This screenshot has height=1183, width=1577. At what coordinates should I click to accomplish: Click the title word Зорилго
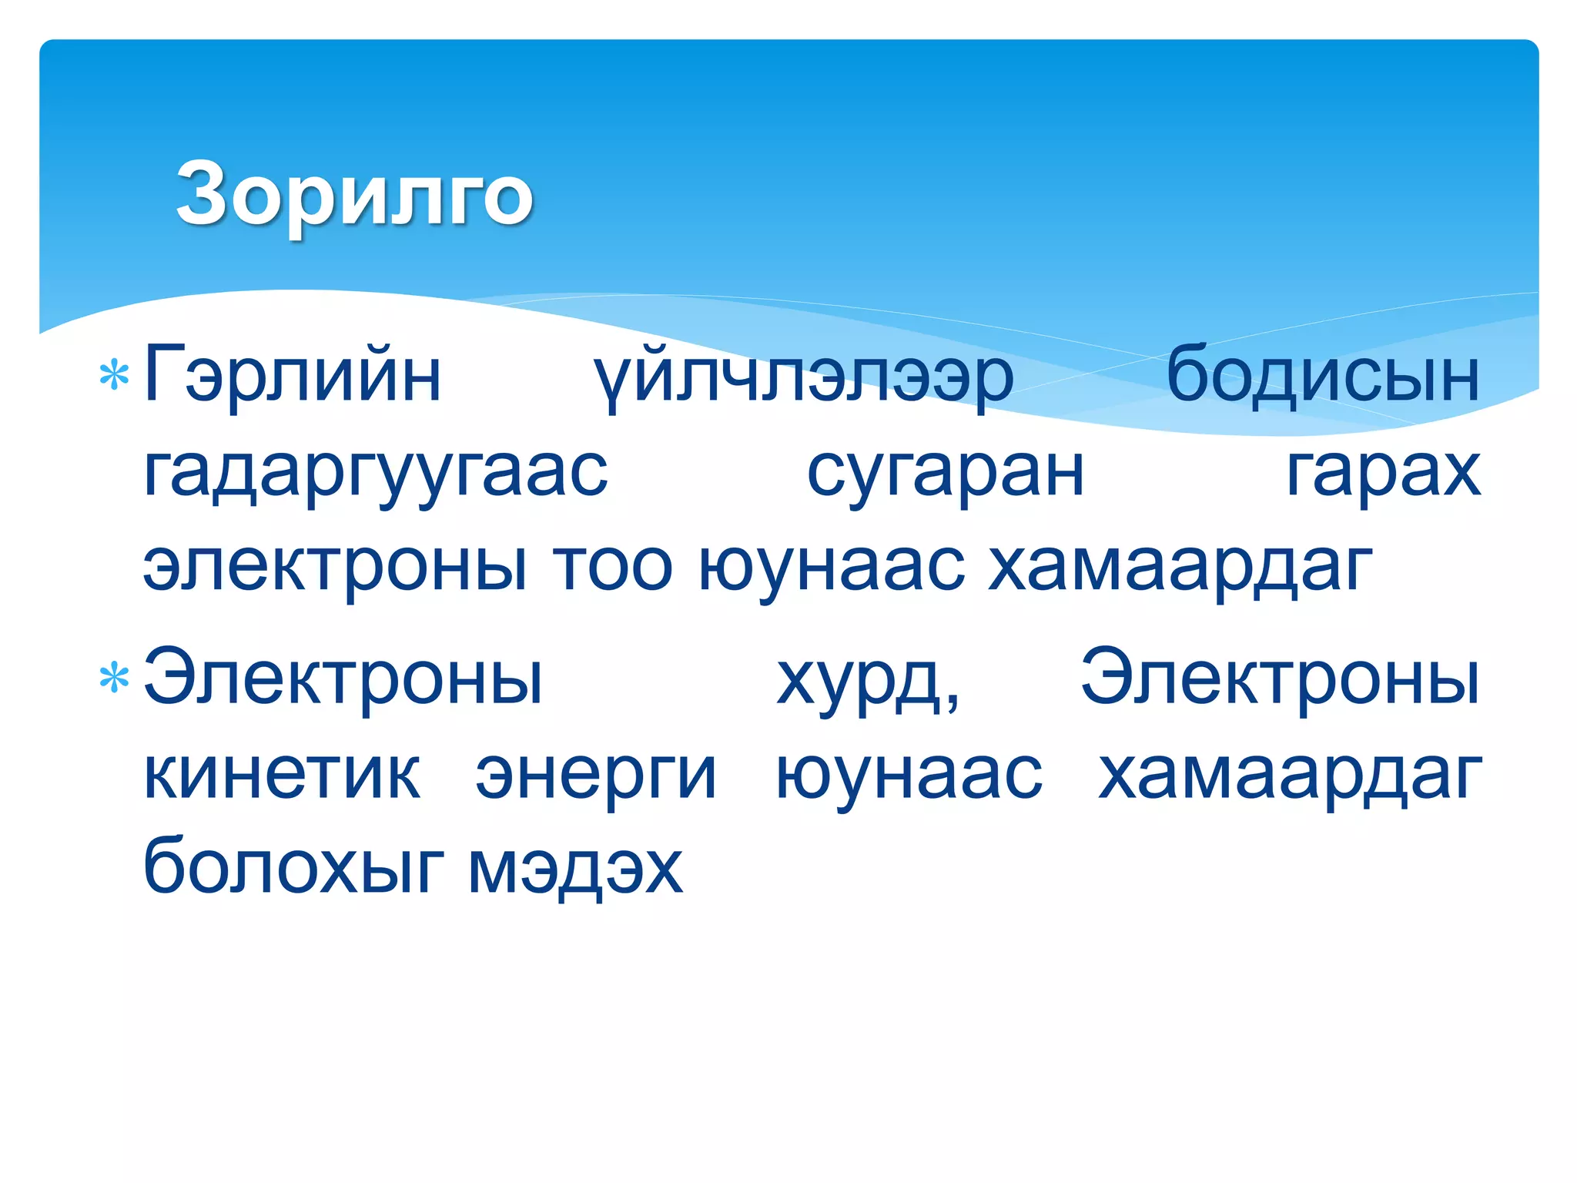354,194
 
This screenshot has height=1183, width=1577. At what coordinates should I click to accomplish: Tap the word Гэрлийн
293,376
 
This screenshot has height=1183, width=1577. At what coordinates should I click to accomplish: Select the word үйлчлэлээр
803,377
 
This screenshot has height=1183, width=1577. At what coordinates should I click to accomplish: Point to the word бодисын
1322,376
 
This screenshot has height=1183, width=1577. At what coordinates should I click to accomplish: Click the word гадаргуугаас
376,471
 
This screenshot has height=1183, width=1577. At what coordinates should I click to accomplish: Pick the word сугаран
946,471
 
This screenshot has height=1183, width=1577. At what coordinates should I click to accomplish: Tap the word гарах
1383,471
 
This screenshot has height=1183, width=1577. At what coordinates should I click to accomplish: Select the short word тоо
612,566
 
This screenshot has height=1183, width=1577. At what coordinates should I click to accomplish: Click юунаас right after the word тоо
832,566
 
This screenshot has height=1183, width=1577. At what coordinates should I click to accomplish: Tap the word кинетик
282,774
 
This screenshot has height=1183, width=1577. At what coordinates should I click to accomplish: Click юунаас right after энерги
909,774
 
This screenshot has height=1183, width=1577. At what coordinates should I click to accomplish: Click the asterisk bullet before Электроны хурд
114,679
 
